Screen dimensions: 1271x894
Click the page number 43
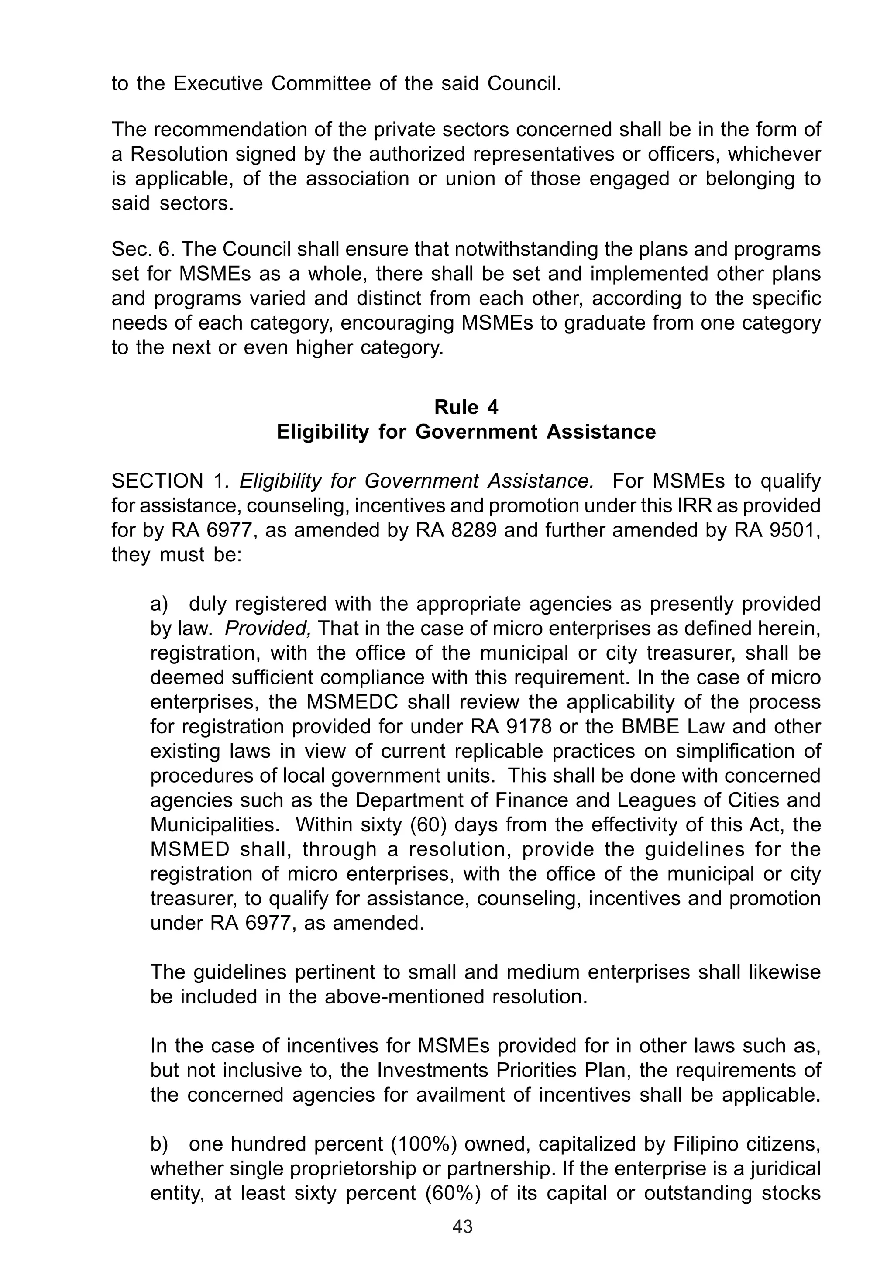[x=462, y=1242]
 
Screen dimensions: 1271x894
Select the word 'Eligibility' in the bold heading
[x=322, y=432]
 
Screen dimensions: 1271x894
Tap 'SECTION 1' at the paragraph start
[x=168, y=481]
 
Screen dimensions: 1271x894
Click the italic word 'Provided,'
[x=268, y=629]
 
